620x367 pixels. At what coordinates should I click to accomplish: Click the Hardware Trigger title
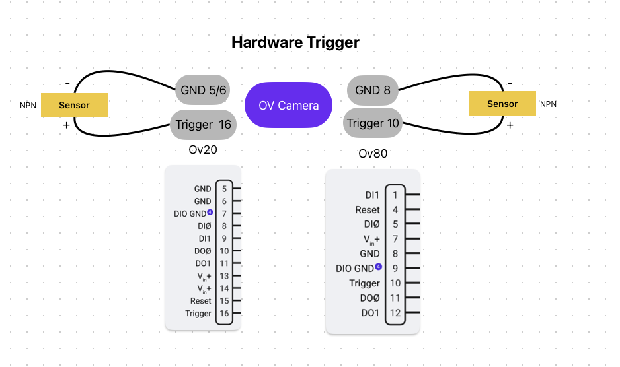tap(295, 43)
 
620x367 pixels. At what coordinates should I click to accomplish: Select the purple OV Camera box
tap(288, 106)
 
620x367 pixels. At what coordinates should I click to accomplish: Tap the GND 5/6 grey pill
tap(203, 90)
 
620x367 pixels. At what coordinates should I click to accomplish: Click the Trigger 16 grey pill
tap(203, 125)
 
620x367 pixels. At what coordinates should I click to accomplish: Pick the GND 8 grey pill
tap(373, 90)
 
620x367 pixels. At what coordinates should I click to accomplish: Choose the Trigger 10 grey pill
tap(373, 123)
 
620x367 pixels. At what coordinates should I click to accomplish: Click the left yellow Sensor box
tap(74, 106)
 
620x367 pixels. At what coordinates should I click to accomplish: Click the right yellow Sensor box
tap(502, 104)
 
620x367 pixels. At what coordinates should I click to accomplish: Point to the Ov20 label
tap(203, 150)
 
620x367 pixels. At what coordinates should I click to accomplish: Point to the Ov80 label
tap(373, 154)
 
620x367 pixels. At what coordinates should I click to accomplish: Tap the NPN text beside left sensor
tap(28, 106)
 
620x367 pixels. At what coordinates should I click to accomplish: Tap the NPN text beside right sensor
tap(549, 104)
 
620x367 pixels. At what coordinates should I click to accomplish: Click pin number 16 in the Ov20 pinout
tap(224, 314)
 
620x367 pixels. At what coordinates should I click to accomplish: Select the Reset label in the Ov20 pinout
tap(201, 301)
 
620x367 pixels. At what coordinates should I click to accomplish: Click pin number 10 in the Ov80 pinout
tap(395, 283)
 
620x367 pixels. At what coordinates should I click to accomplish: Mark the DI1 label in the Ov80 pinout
tap(372, 195)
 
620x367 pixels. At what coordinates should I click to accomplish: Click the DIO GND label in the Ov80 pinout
tap(355, 269)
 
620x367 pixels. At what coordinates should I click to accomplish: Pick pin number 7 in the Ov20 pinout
tap(224, 214)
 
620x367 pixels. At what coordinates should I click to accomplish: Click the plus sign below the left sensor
tap(66, 125)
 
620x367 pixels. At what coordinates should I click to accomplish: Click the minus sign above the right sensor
tap(510, 84)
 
